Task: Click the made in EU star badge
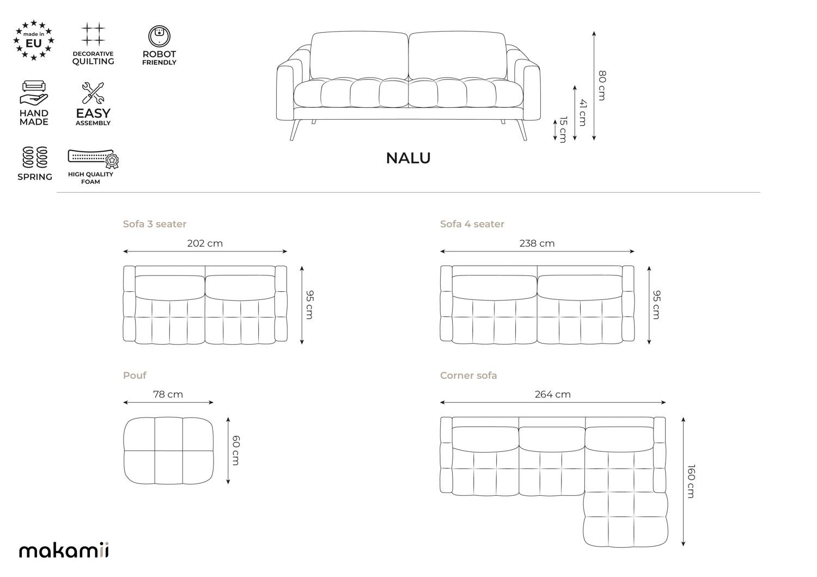(x=34, y=40)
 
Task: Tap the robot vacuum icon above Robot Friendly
(x=159, y=36)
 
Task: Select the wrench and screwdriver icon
(x=93, y=93)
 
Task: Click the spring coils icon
(x=35, y=157)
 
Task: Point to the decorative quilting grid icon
(x=93, y=34)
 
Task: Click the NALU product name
(x=408, y=158)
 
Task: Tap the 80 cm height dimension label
(x=602, y=85)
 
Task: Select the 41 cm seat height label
(x=582, y=113)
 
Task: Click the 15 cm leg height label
(x=563, y=130)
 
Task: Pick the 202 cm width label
(x=205, y=243)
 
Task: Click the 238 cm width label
(x=537, y=243)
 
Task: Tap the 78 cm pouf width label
(x=168, y=394)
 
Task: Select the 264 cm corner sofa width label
(x=553, y=394)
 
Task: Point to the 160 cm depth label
(x=691, y=481)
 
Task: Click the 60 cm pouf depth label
(x=236, y=450)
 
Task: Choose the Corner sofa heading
(x=468, y=376)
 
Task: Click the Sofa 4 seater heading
(x=472, y=224)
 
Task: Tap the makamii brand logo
(x=64, y=550)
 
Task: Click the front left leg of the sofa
(x=295, y=130)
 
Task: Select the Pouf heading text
(x=135, y=376)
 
